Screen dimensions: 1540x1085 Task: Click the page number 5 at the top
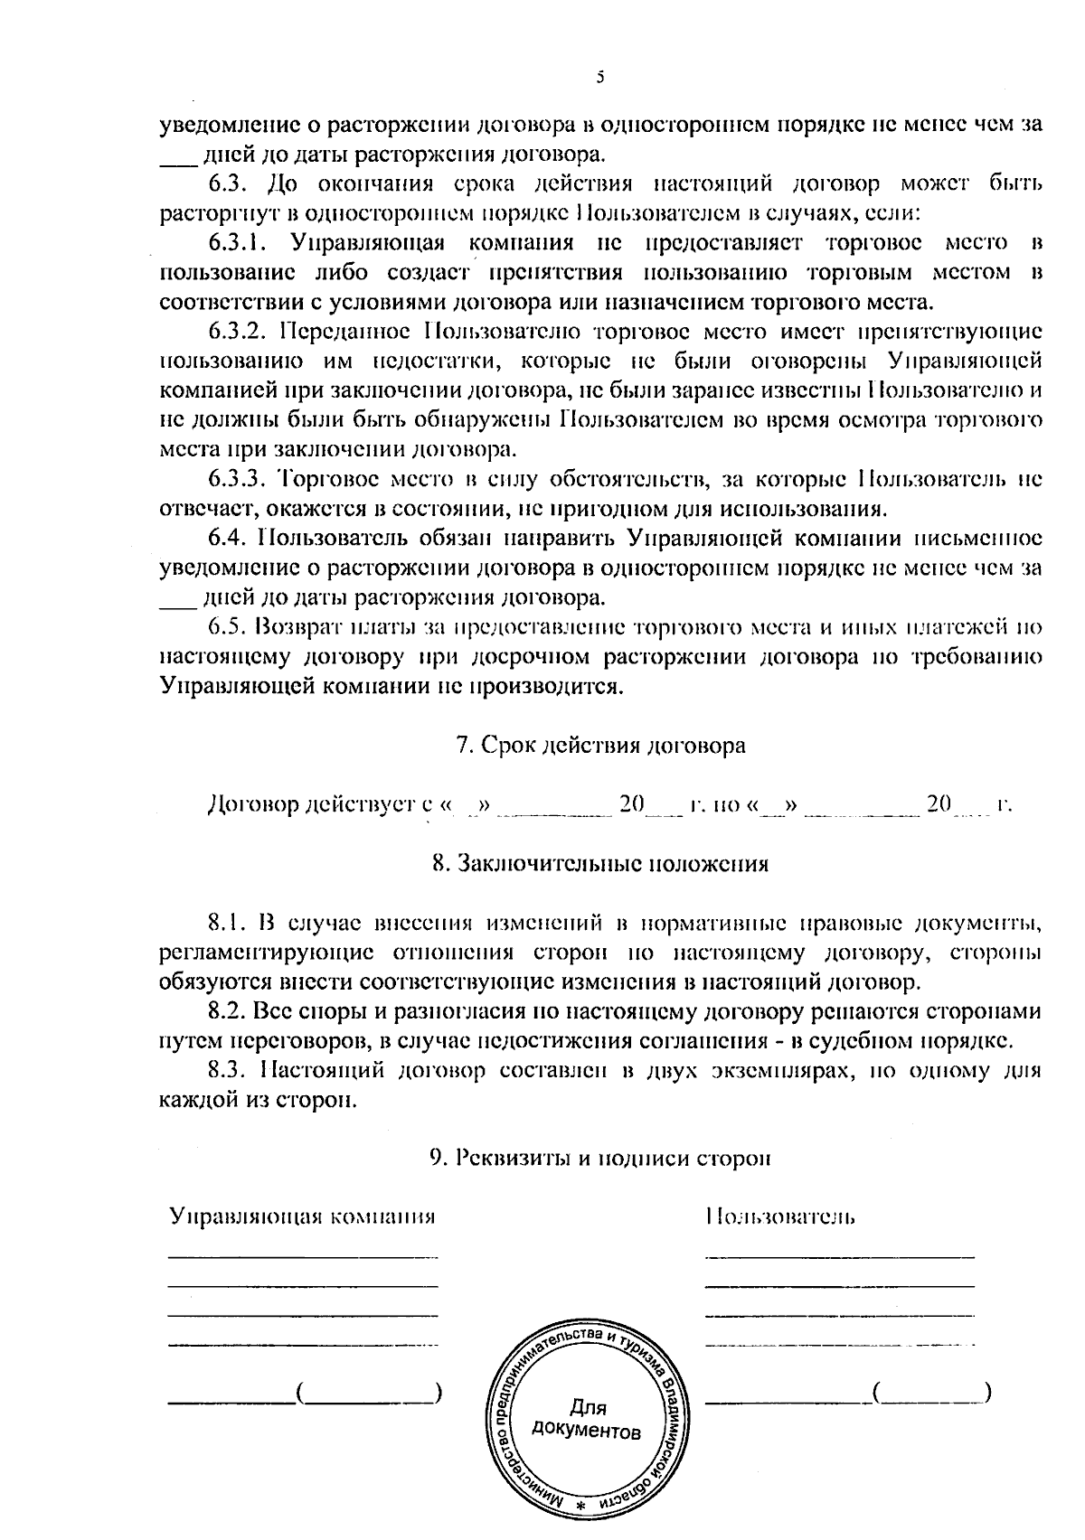(x=599, y=78)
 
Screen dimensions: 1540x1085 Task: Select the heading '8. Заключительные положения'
(x=600, y=862)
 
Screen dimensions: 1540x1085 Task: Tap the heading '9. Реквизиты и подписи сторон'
(x=600, y=1158)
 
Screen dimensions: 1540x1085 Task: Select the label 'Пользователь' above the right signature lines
(x=780, y=1216)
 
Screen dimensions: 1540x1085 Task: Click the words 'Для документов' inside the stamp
(x=588, y=1420)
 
